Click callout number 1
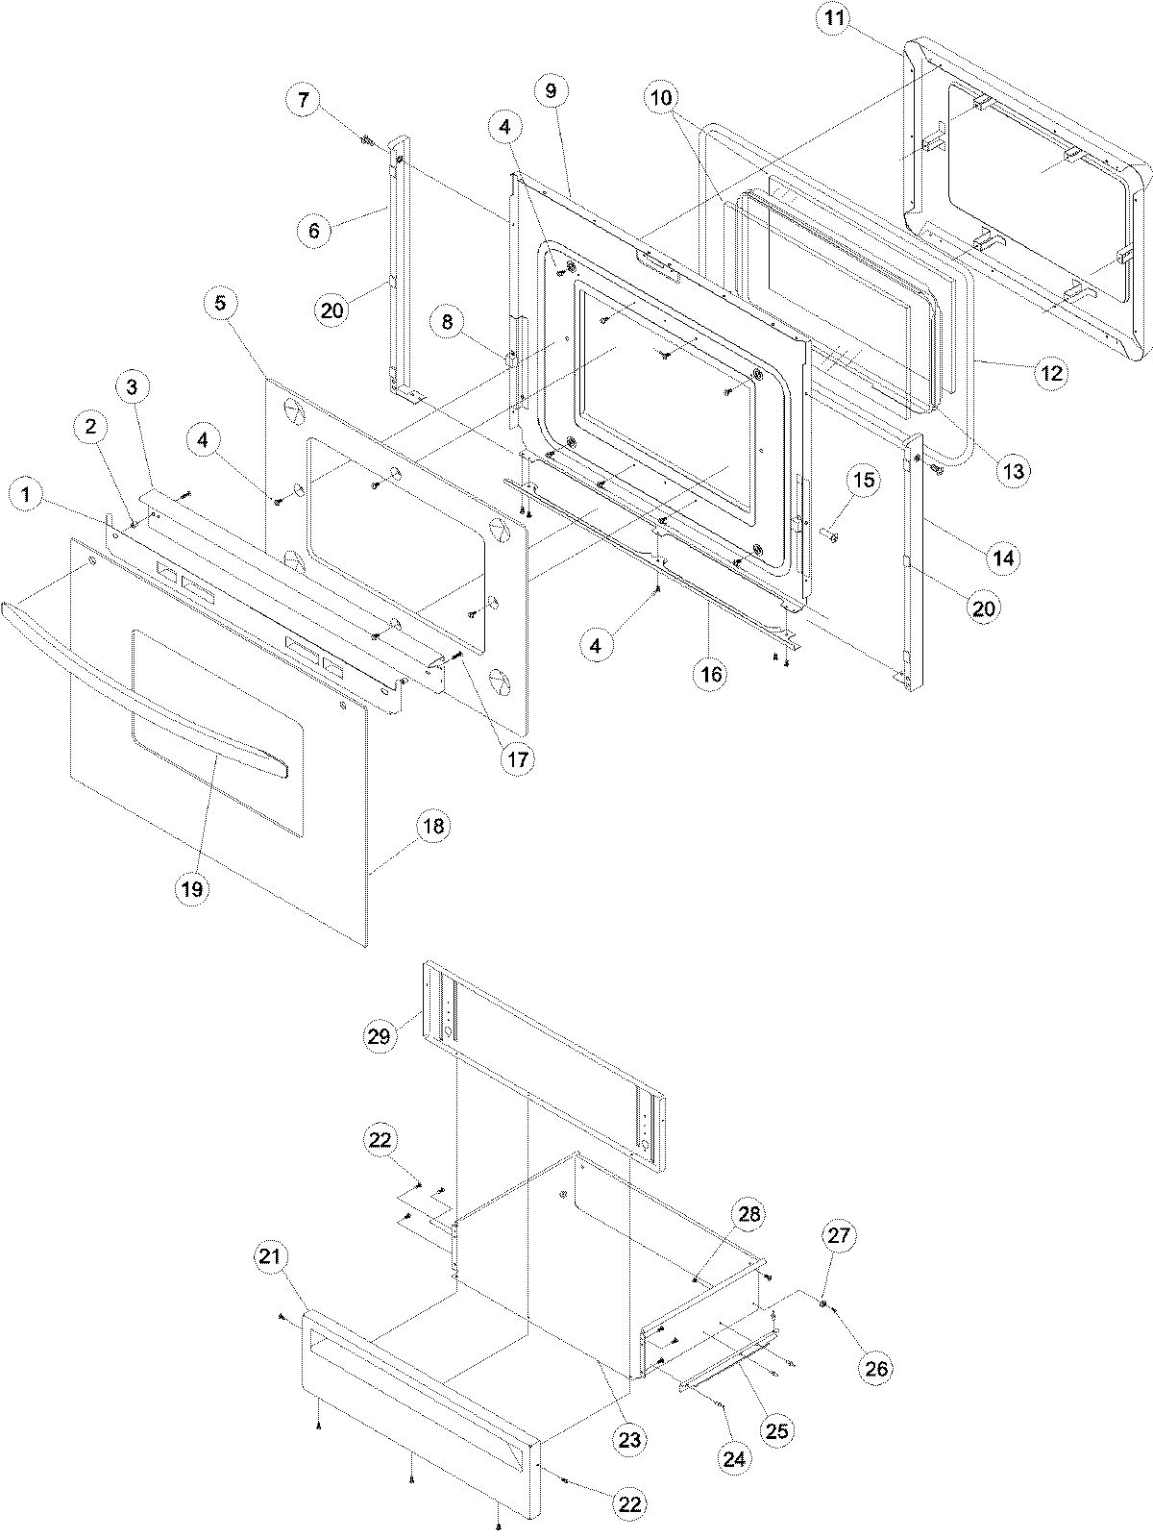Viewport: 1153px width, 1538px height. (26, 496)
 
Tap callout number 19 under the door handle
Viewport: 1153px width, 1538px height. (192, 889)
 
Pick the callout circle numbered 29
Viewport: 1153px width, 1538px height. (379, 1036)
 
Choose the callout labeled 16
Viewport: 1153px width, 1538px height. (711, 674)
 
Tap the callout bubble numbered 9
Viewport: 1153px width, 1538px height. (551, 91)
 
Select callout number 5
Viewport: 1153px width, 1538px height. (221, 304)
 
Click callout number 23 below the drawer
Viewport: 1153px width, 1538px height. (631, 1439)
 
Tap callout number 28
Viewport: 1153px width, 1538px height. (749, 1214)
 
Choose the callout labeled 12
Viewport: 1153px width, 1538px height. (1052, 373)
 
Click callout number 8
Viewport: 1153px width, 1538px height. (448, 323)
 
